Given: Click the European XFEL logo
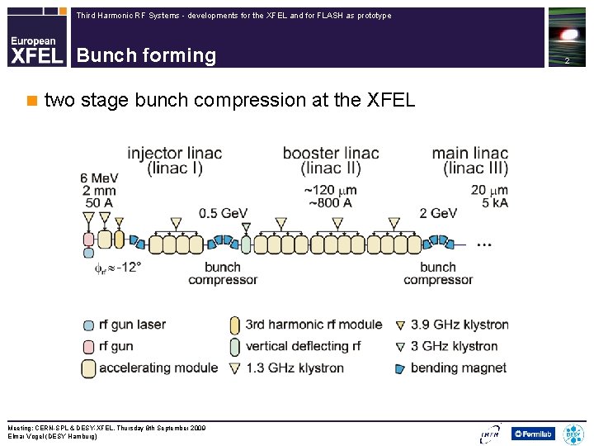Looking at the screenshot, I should click(36, 50).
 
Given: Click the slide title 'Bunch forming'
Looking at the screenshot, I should click(146, 55).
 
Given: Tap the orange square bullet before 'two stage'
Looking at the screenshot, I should click(32, 101).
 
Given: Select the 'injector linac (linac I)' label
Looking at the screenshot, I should click(174, 160).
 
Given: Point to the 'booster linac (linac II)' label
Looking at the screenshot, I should click(331, 160).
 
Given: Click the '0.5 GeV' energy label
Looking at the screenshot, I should click(223, 213).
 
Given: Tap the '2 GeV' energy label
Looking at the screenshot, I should click(438, 213).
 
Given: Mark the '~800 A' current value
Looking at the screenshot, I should click(331, 202).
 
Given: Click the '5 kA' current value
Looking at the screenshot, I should click(495, 202).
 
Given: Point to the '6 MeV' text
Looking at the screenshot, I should click(98, 178).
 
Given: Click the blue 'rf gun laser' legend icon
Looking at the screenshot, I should click(88, 325).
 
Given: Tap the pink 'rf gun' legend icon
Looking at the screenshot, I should click(88, 346).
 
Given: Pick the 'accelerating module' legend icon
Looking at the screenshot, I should click(88, 368).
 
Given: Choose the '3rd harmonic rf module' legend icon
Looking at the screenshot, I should click(235, 325).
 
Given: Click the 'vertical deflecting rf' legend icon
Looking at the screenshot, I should click(235, 346).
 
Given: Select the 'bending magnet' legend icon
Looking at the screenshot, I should click(400, 368).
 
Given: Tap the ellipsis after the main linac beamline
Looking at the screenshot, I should click(485, 244).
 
